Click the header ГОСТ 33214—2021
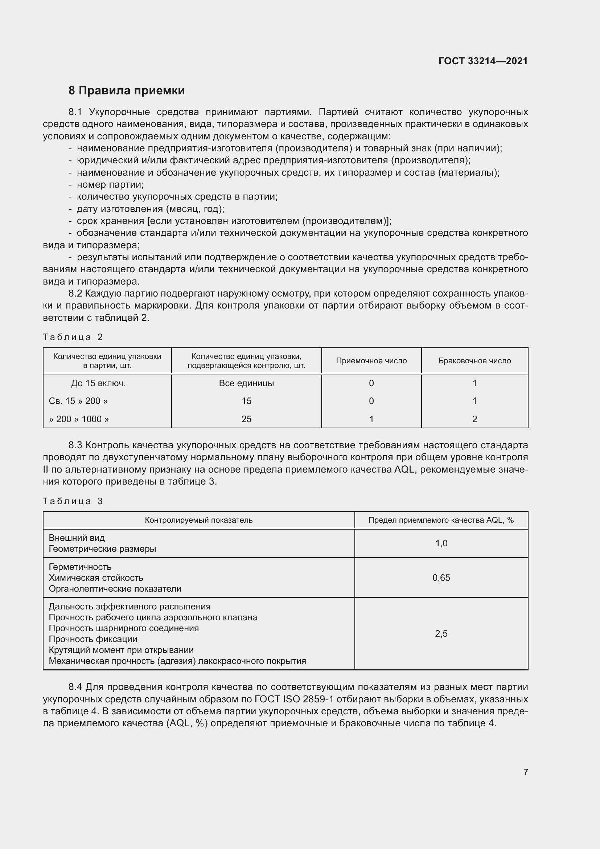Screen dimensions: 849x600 click(483, 61)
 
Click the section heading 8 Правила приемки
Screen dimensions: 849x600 click(126, 91)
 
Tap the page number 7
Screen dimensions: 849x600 click(525, 772)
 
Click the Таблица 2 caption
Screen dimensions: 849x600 click(73, 337)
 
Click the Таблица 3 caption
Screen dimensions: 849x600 click(73, 501)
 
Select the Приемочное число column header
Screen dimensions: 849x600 click(371, 360)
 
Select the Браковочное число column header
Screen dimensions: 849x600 click(474, 360)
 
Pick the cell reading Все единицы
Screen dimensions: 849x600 click(246, 383)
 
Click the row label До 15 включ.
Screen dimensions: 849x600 click(98, 383)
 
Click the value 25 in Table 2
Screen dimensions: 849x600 click(246, 419)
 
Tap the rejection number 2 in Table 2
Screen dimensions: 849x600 click(474, 419)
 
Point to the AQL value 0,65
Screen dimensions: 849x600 click(441, 577)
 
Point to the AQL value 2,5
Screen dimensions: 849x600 click(441, 633)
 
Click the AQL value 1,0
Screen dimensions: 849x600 click(441, 543)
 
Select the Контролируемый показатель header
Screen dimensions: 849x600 click(198, 520)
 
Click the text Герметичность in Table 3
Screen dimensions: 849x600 click(80, 567)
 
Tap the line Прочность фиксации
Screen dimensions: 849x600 click(93, 639)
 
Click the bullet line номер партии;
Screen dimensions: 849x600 click(110, 184)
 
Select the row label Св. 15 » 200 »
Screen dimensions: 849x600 click(78, 401)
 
